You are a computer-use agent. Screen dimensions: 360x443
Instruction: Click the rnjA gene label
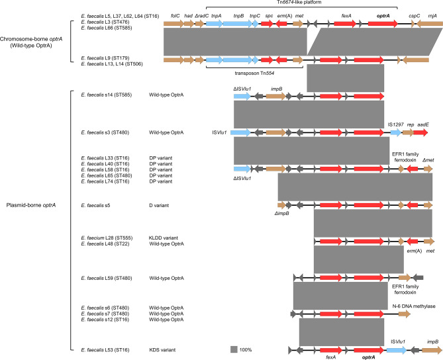pos(431,13)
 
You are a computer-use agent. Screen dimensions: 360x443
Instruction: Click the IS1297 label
pos(395,123)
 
